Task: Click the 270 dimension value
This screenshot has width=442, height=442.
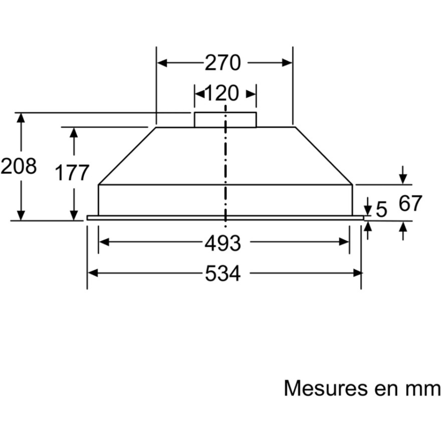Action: (223, 63)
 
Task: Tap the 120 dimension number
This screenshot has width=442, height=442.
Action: (223, 93)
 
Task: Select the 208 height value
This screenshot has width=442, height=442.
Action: (19, 166)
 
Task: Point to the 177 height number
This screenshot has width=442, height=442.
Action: (72, 173)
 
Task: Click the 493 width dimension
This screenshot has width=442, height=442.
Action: (223, 243)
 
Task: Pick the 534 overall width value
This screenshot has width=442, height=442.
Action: (223, 274)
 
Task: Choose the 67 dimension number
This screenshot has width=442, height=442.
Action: (410, 204)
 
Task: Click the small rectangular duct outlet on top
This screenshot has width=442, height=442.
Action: (225, 120)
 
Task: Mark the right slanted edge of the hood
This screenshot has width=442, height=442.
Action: (324, 156)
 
